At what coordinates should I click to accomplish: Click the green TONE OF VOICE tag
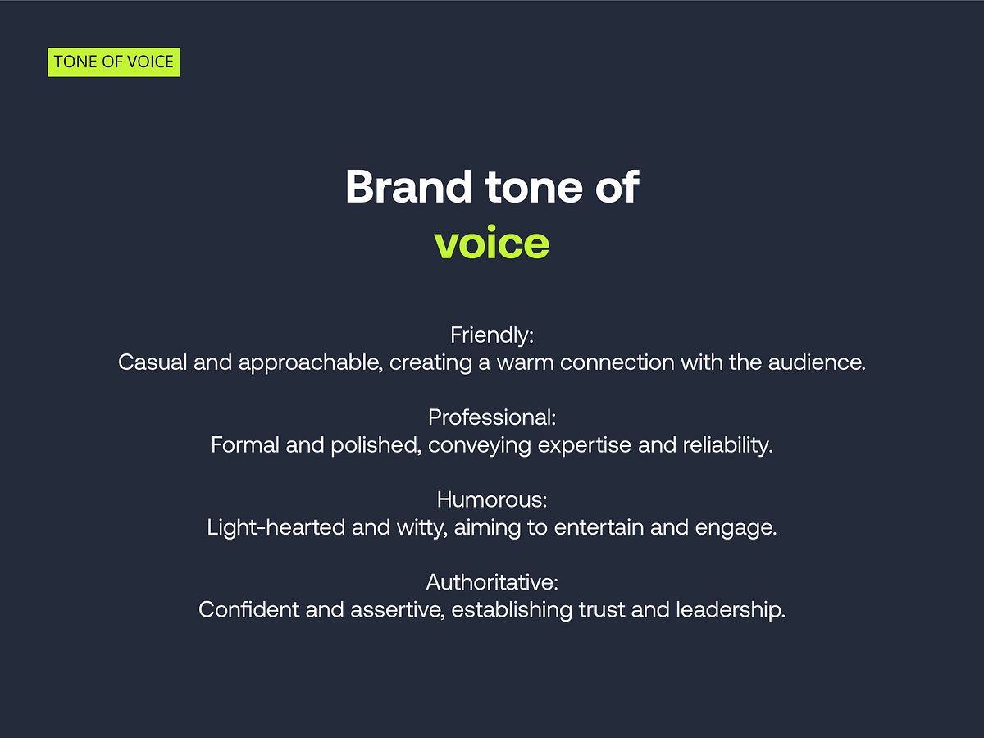114,62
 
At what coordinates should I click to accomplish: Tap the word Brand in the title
408,187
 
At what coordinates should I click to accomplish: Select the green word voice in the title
492,242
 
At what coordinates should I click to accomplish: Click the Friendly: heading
492,335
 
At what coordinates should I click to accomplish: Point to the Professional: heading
492,417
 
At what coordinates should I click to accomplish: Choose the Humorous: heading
492,499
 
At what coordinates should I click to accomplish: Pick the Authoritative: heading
492,582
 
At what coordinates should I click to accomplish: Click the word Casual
153,362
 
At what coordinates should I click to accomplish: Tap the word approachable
311,363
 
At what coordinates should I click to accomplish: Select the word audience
817,362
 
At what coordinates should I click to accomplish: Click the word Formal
244,445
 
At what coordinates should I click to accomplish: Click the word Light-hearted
276,528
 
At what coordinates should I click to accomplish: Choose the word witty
422,528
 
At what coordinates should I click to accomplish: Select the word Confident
248,610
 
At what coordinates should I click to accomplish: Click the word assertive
398,610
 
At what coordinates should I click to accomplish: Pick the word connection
617,362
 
